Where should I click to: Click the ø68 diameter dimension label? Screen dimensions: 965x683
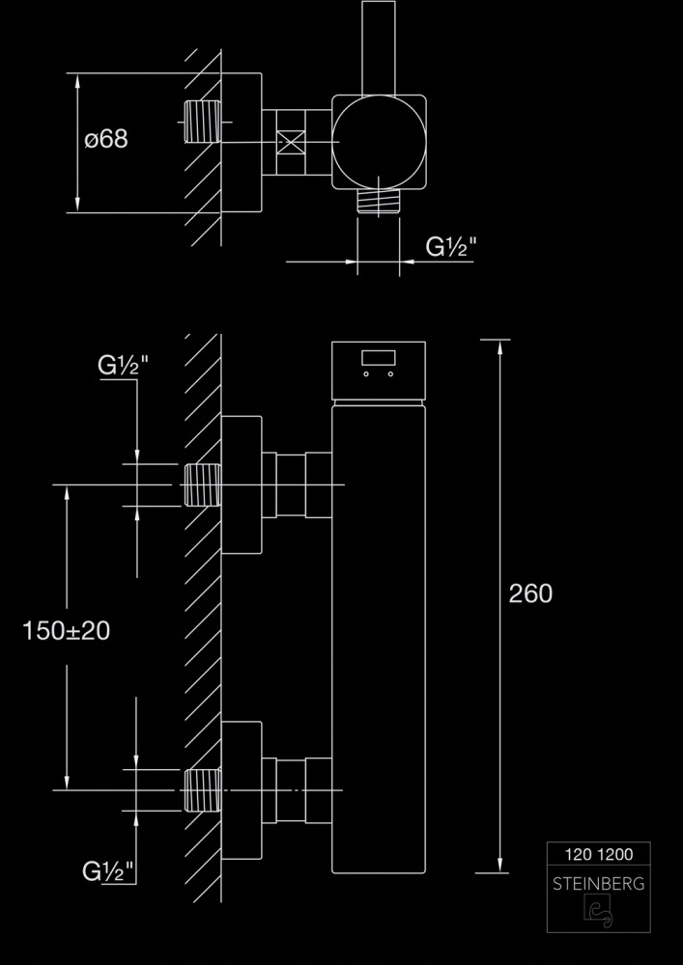(106, 139)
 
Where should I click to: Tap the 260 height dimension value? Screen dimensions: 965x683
(530, 593)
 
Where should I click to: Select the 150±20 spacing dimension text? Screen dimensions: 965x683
(66, 631)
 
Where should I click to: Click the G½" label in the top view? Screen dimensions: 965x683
(451, 247)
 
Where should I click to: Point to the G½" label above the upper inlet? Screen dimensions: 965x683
(123, 367)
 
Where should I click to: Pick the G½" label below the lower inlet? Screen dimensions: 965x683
(108, 872)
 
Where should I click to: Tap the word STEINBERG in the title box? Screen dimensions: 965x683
(598, 883)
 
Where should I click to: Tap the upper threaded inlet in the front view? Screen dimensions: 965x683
(203, 484)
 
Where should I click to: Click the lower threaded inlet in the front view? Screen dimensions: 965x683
(203, 791)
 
